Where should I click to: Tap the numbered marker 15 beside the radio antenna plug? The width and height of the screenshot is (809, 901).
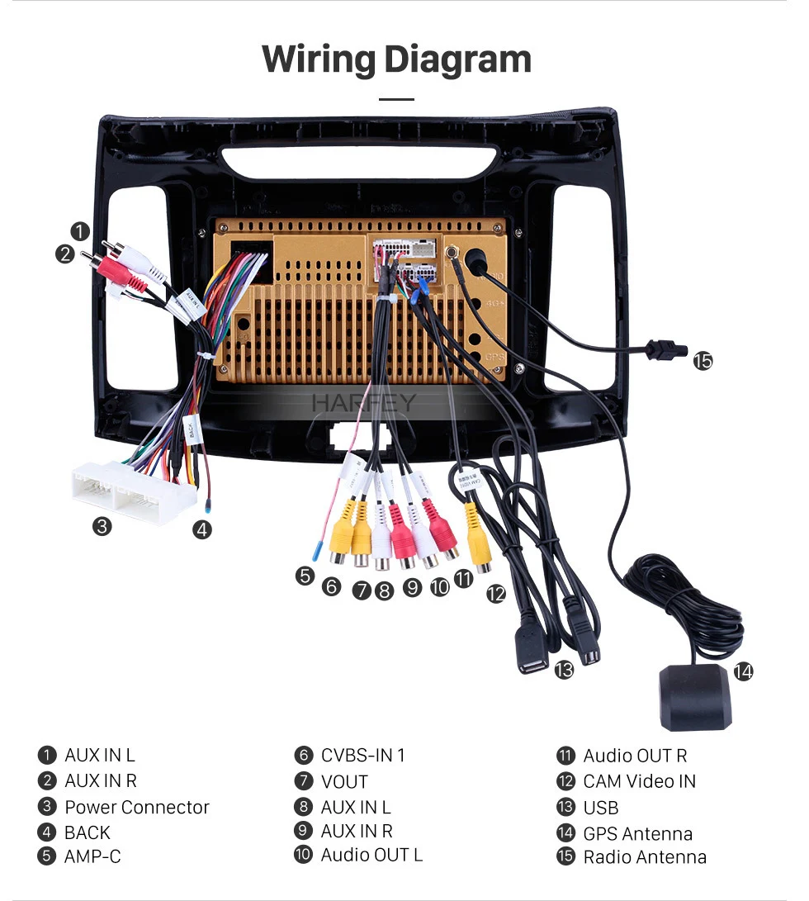[x=703, y=361]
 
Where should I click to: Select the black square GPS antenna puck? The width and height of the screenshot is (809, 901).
[x=695, y=698]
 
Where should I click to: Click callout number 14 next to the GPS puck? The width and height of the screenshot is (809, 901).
[x=743, y=671]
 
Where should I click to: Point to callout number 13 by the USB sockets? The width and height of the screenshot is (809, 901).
[x=564, y=671]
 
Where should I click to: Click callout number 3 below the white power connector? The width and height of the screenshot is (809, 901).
[x=102, y=526]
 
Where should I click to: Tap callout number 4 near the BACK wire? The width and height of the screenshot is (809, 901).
[x=202, y=530]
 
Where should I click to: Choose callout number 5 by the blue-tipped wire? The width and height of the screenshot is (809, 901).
[x=305, y=576]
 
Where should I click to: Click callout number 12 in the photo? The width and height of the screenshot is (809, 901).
[x=495, y=593]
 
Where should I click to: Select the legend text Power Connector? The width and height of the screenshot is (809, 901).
[x=137, y=807]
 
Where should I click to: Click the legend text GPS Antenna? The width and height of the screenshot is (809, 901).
[x=637, y=833]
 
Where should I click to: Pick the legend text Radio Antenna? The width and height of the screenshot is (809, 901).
[x=645, y=857]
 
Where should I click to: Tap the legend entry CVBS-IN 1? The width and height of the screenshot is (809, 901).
[x=362, y=755]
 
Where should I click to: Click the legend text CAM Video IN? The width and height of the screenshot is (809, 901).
[x=639, y=781]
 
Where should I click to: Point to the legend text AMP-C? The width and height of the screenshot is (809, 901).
[x=92, y=856]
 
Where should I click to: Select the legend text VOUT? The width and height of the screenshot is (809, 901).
[x=344, y=781]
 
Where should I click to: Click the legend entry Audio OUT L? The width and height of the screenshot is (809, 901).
[x=371, y=855]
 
